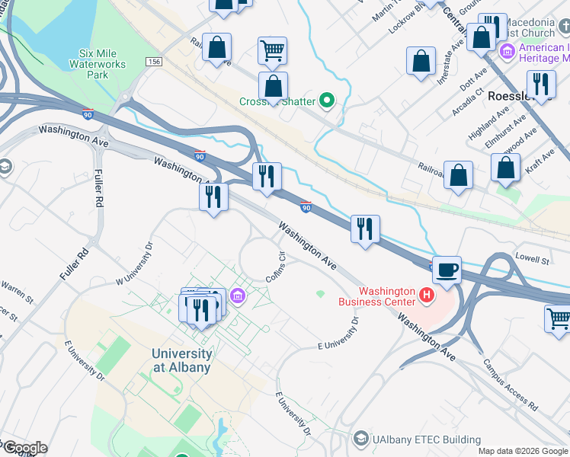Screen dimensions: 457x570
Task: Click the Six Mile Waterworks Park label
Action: coord(104,65)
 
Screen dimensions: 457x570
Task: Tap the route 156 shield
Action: coord(156,62)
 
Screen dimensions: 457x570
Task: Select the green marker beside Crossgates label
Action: coord(328,100)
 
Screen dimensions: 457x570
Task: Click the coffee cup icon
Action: coord(447,268)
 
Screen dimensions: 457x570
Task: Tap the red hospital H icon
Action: coord(427,294)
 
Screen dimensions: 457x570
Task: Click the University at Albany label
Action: coord(181,360)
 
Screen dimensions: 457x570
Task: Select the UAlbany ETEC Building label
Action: coord(427,439)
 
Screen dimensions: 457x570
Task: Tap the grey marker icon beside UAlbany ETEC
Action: coord(360,439)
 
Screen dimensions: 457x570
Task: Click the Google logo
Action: coord(25,448)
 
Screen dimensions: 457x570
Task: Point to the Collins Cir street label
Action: coord(276,265)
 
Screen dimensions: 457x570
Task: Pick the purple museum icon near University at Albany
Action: coord(237,296)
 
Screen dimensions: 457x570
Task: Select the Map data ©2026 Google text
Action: coord(523,451)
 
